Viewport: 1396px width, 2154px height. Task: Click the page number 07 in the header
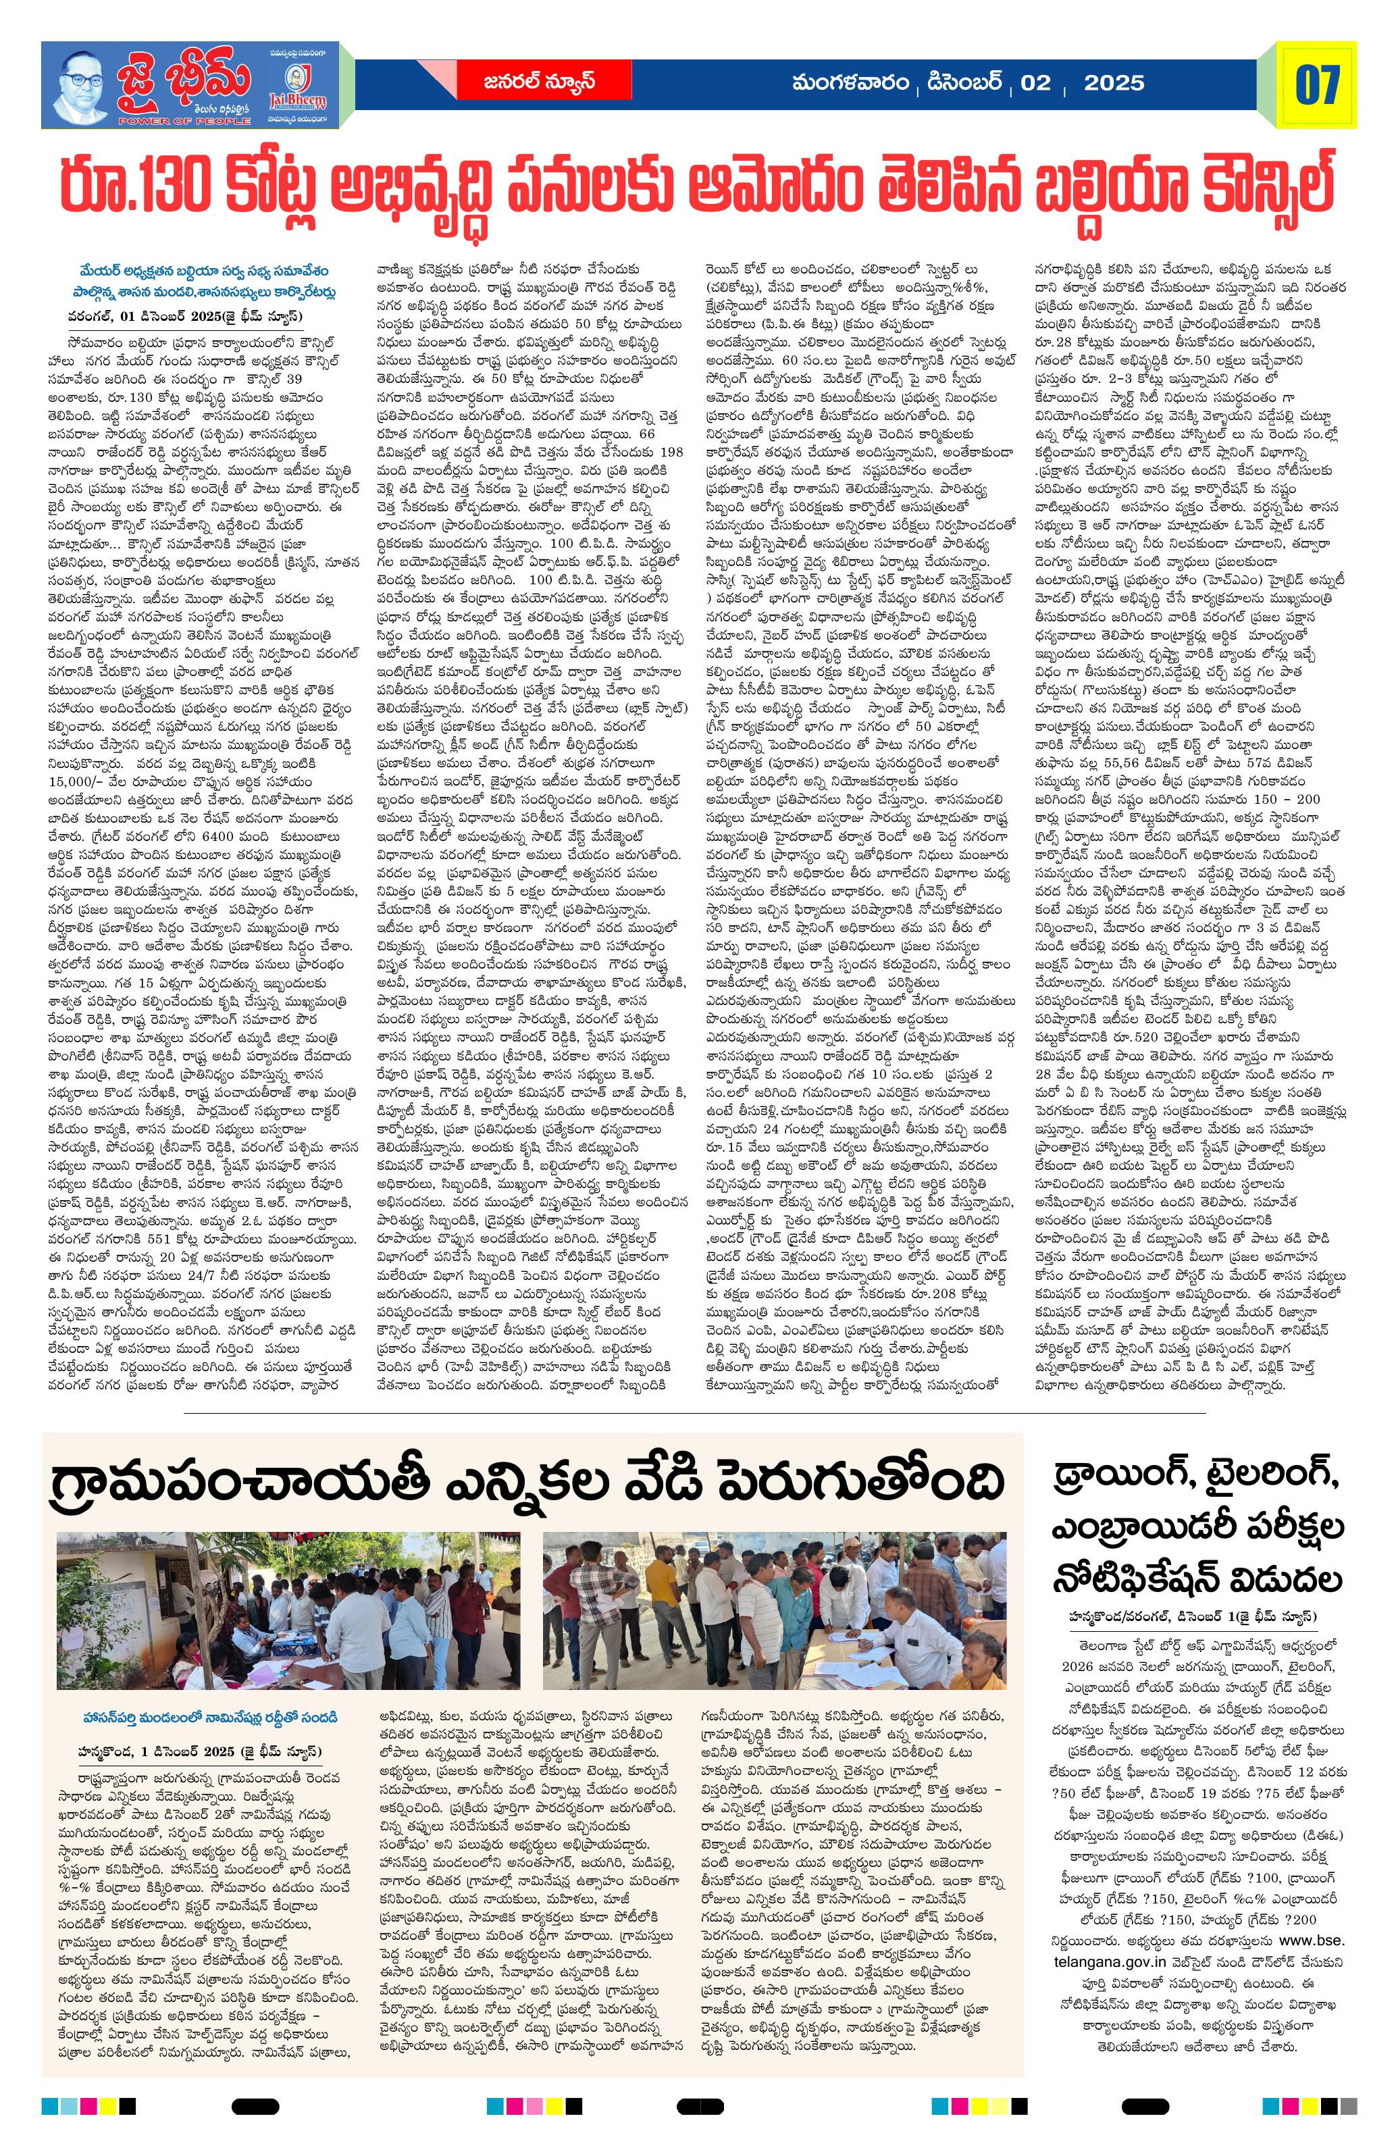1316,85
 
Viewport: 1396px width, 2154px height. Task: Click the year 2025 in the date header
1113,83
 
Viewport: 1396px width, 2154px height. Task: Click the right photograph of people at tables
773,1611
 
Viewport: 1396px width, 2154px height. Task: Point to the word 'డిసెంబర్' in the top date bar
962,83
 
